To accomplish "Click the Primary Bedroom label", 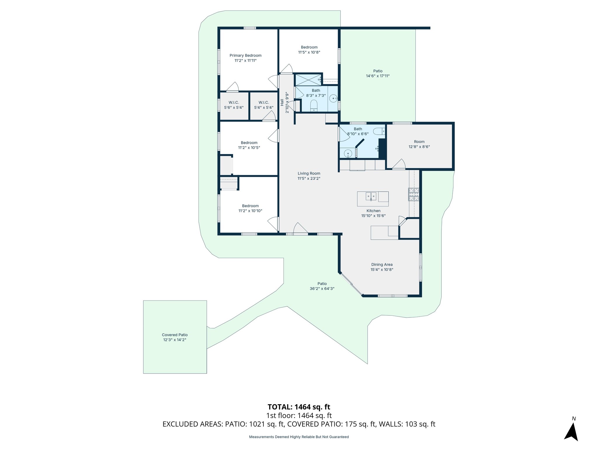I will [x=245, y=56].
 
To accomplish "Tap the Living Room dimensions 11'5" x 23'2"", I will [x=309, y=179].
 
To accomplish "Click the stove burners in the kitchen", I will [x=413, y=195].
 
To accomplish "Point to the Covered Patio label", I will [x=175, y=335].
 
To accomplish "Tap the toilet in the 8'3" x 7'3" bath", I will [x=314, y=105].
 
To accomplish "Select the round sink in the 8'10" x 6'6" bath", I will [x=348, y=153].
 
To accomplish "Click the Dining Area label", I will [x=382, y=265].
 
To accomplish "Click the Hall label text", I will [x=282, y=102].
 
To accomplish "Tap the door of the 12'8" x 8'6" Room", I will [x=399, y=164].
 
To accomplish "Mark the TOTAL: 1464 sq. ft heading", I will [x=299, y=407].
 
